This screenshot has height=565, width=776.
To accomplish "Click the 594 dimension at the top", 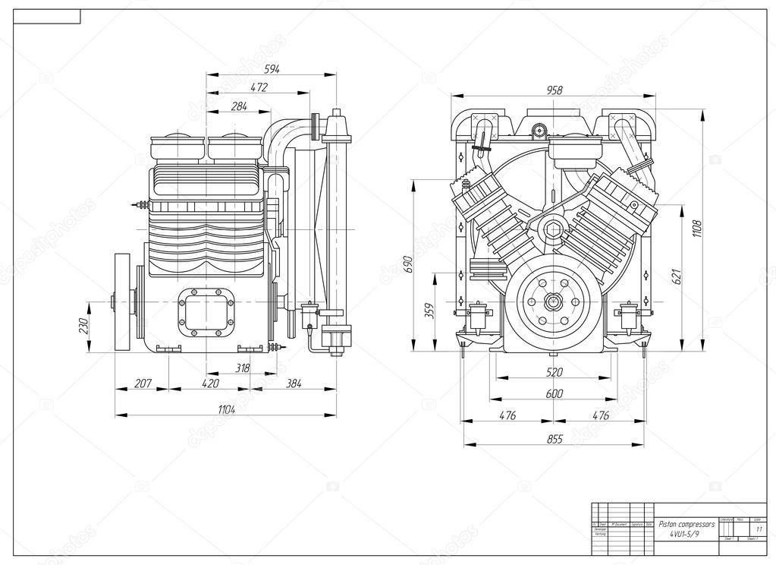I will pyautogui.click(x=272, y=69).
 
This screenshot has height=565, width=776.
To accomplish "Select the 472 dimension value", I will pyautogui.click(x=259, y=88).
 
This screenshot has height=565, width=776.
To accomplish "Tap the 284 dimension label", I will pyautogui.click(x=239, y=107).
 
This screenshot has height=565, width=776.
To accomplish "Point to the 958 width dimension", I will pyautogui.click(x=554, y=90).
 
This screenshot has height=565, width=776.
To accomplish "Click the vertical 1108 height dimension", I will pyautogui.click(x=697, y=227).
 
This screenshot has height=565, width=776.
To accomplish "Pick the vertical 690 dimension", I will pyautogui.click(x=407, y=264).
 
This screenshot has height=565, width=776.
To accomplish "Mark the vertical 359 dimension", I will pyautogui.click(x=429, y=311).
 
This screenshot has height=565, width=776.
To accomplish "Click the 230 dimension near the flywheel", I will pyautogui.click(x=84, y=326).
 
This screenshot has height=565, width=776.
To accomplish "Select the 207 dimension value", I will pyautogui.click(x=143, y=384).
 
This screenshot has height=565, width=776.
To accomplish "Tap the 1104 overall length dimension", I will pyautogui.click(x=226, y=411).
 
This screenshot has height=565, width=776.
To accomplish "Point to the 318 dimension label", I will pyautogui.click(x=243, y=368).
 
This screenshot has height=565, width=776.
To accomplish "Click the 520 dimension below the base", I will pyautogui.click(x=555, y=374).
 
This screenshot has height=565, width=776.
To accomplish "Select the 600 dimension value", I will pyautogui.click(x=555, y=394).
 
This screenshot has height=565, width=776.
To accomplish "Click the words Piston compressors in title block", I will pyautogui.click(x=686, y=524).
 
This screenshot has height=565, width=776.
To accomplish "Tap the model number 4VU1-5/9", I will pyautogui.click(x=686, y=535).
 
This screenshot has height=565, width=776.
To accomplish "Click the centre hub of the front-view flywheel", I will pyautogui.click(x=554, y=301).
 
